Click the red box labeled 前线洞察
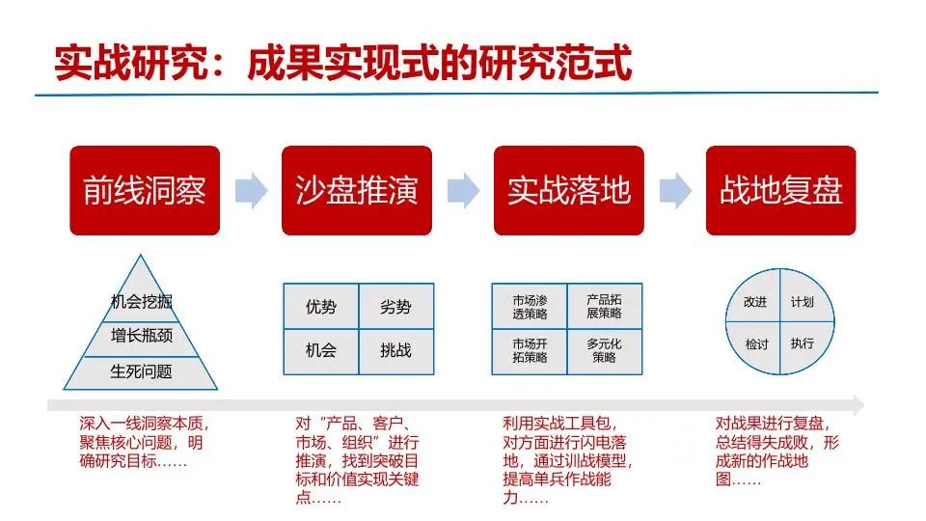(145, 190)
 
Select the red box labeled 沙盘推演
(357, 190)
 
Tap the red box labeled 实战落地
(569, 190)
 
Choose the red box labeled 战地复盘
(780, 190)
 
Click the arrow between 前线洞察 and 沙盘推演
(251, 190)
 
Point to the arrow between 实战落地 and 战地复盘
(675, 190)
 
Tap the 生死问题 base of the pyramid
(141, 372)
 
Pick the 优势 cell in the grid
(321, 306)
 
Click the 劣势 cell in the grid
(395, 306)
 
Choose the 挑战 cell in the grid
(395, 351)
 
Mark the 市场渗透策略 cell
(530, 306)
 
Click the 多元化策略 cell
(604, 351)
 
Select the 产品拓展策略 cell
(604, 306)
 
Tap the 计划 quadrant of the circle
(803, 299)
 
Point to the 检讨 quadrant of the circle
(757, 344)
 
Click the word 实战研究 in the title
(130, 62)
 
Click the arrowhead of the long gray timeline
(858, 405)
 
